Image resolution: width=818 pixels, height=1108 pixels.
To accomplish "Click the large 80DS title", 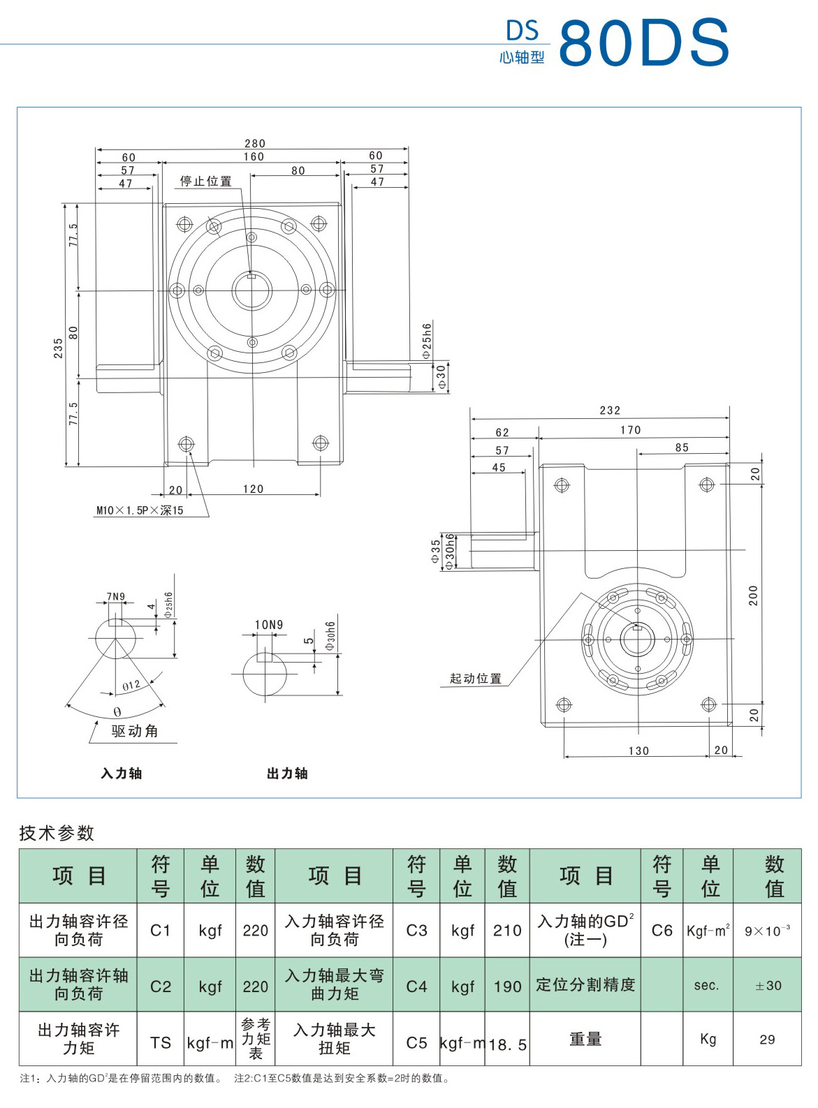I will click(x=643, y=43).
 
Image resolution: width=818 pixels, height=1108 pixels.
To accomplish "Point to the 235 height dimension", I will click(x=58, y=347).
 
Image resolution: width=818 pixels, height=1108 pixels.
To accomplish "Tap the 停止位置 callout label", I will click(x=206, y=182).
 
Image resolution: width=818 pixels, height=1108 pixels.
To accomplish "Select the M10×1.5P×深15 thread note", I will click(x=140, y=510).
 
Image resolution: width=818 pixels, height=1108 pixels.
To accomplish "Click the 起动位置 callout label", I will click(x=476, y=678).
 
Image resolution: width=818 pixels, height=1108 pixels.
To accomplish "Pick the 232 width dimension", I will click(x=609, y=411).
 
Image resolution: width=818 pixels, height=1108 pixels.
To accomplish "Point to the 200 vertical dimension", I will click(x=753, y=595).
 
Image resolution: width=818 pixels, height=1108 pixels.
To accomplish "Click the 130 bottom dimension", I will click(x=638, y=751).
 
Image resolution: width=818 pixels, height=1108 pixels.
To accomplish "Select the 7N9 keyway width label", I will click(x=116, y=596).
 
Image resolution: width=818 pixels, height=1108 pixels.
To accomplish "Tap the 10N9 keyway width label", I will click(x=269, y=625).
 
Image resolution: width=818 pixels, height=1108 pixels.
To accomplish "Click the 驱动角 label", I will click(x=135, y=731).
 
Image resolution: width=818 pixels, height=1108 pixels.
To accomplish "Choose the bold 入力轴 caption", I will click(x=122, y=773).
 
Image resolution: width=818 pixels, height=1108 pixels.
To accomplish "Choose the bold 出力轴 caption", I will click(x=287, y=773).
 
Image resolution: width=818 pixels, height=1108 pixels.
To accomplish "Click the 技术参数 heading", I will click(x=57, y=832).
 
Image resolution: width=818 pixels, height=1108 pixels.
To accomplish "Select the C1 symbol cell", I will click(x=161, y=930).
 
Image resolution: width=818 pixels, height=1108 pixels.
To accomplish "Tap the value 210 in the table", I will click(x=507, y=930).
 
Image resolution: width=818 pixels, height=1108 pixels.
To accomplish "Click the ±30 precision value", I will click(x=768, y=985).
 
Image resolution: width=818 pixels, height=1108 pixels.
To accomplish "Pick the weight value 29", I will click(x=767, y=1040).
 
